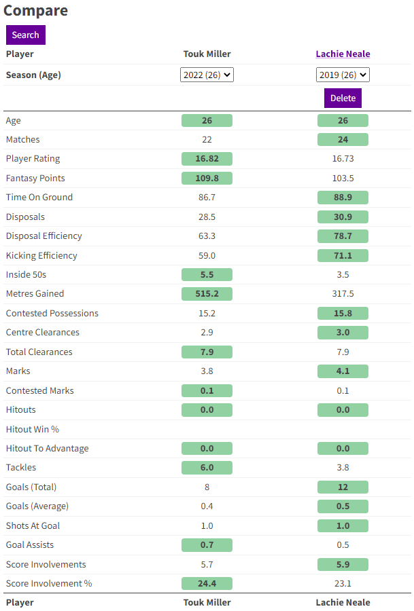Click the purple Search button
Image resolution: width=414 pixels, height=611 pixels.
[25, 35]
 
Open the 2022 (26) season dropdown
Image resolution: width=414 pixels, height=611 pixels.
[207, 75]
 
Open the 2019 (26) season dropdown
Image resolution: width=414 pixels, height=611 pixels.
[343, 75]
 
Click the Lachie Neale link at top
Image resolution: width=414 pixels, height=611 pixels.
[343, 54]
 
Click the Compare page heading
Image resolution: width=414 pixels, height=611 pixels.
[35, 11]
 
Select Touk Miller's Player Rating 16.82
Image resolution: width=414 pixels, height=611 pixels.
[207, 159]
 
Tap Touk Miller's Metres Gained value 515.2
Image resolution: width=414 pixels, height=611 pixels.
[207, 294]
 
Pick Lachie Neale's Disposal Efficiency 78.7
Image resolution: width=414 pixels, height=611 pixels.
[343, 236]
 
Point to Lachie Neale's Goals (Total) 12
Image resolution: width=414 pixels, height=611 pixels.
[343, 487]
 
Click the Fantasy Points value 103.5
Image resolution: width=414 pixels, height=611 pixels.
[343, 179]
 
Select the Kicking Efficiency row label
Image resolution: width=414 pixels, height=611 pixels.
[41, 256]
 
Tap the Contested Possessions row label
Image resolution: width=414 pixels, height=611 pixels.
[52, 314]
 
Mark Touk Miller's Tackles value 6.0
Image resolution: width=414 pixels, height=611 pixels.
[207, 468]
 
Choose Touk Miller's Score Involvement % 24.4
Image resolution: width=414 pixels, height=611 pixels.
[207, 584]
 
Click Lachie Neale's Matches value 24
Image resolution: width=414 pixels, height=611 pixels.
[343, 140]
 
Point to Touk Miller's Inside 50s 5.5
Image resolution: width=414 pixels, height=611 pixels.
[207, 275]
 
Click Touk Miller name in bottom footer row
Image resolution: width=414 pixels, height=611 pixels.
[207, 603]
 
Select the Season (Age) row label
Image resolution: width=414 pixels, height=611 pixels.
[33, 75]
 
